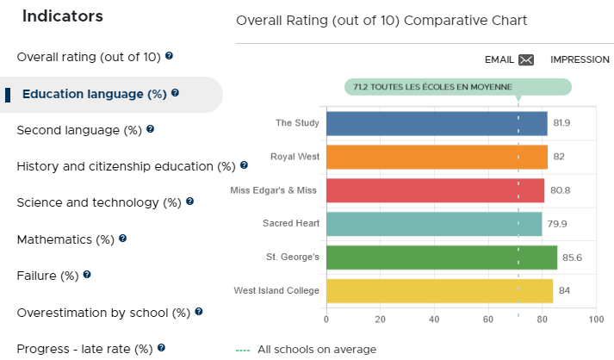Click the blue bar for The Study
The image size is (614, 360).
pos(437,123)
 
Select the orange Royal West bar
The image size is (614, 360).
pos(437,157)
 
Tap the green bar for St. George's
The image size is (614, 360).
pos(442,258)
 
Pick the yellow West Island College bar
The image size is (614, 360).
pos(439,291)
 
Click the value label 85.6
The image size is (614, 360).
pos(572,258)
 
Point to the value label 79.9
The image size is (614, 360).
pos(557,224)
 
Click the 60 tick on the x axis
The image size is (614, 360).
pos(488,320)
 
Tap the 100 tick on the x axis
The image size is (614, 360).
pos(596,320)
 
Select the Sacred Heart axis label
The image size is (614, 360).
pos(291,223)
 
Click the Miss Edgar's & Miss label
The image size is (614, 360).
pos(273,190)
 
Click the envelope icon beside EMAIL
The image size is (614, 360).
pos(526,60)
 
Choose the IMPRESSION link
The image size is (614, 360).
pos(580,59)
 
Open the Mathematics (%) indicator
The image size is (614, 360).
pos(65,239)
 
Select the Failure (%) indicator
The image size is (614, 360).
pos(47,276)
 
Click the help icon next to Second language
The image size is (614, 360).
pos(151,129)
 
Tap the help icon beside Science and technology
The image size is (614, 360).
pos(190,202)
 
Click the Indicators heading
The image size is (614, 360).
pos(63,16)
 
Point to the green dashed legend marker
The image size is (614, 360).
pos(243,351)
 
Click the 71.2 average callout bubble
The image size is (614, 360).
pos(458,87)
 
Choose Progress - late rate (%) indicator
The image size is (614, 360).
pos(84,349)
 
